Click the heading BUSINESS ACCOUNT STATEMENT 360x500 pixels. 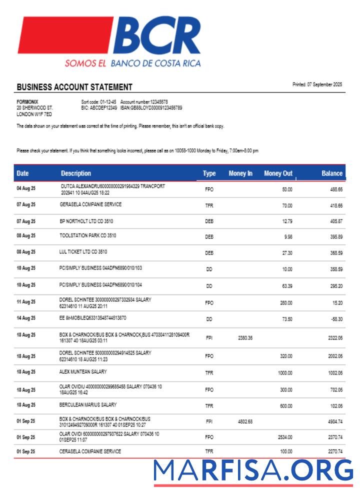click(74, 87)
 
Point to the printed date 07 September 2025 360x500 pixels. click(317, 84)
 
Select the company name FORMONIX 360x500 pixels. click(27, 101)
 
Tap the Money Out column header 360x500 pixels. click(278, 173)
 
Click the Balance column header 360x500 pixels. click(332, 173)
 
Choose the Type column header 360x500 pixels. click(209, 173)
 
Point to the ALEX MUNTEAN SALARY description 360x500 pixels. click(83, 372)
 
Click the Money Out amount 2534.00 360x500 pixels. click(285, 436)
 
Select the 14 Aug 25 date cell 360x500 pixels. click(26, 318)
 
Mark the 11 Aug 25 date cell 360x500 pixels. click(26, 302)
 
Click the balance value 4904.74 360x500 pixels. click(335, 421)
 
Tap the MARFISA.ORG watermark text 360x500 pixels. click(253, 470)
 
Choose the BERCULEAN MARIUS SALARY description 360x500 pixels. click(88, 404)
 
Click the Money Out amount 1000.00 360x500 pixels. click(285, 372)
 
